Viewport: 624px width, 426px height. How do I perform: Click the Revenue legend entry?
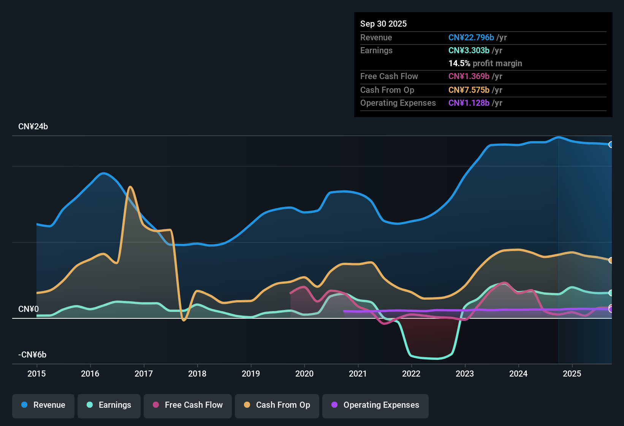point(43,405)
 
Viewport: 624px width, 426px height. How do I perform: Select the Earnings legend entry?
point(109,405)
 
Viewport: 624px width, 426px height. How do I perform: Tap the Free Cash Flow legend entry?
point(188,405)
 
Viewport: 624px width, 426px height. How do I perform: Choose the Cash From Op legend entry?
point(277,405)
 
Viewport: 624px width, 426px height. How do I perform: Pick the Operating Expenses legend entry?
point(375,405)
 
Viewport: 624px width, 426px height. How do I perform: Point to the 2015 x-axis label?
point(36,374)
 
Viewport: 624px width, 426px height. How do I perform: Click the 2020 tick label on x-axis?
point(304,374)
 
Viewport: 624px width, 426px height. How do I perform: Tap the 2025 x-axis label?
point(572,374)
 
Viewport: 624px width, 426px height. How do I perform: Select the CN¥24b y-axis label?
point(33,127)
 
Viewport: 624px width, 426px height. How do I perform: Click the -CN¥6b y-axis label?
point(32,355)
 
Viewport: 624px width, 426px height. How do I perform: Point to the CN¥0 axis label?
point(29,309)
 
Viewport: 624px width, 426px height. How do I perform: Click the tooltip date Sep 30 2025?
point(383,24)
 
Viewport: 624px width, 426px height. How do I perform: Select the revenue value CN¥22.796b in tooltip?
point(471,38)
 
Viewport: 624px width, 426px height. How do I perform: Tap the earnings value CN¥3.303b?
point(469,51)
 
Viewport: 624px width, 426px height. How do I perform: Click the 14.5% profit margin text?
point(485,64)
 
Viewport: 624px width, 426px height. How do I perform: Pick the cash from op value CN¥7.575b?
point(469,90)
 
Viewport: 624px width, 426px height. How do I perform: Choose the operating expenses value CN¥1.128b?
point(469,103)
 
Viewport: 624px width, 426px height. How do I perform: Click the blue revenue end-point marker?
point(611,145)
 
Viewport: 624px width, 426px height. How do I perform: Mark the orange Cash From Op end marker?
point(611,261)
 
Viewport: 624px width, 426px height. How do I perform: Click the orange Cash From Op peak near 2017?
point(130,187)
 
